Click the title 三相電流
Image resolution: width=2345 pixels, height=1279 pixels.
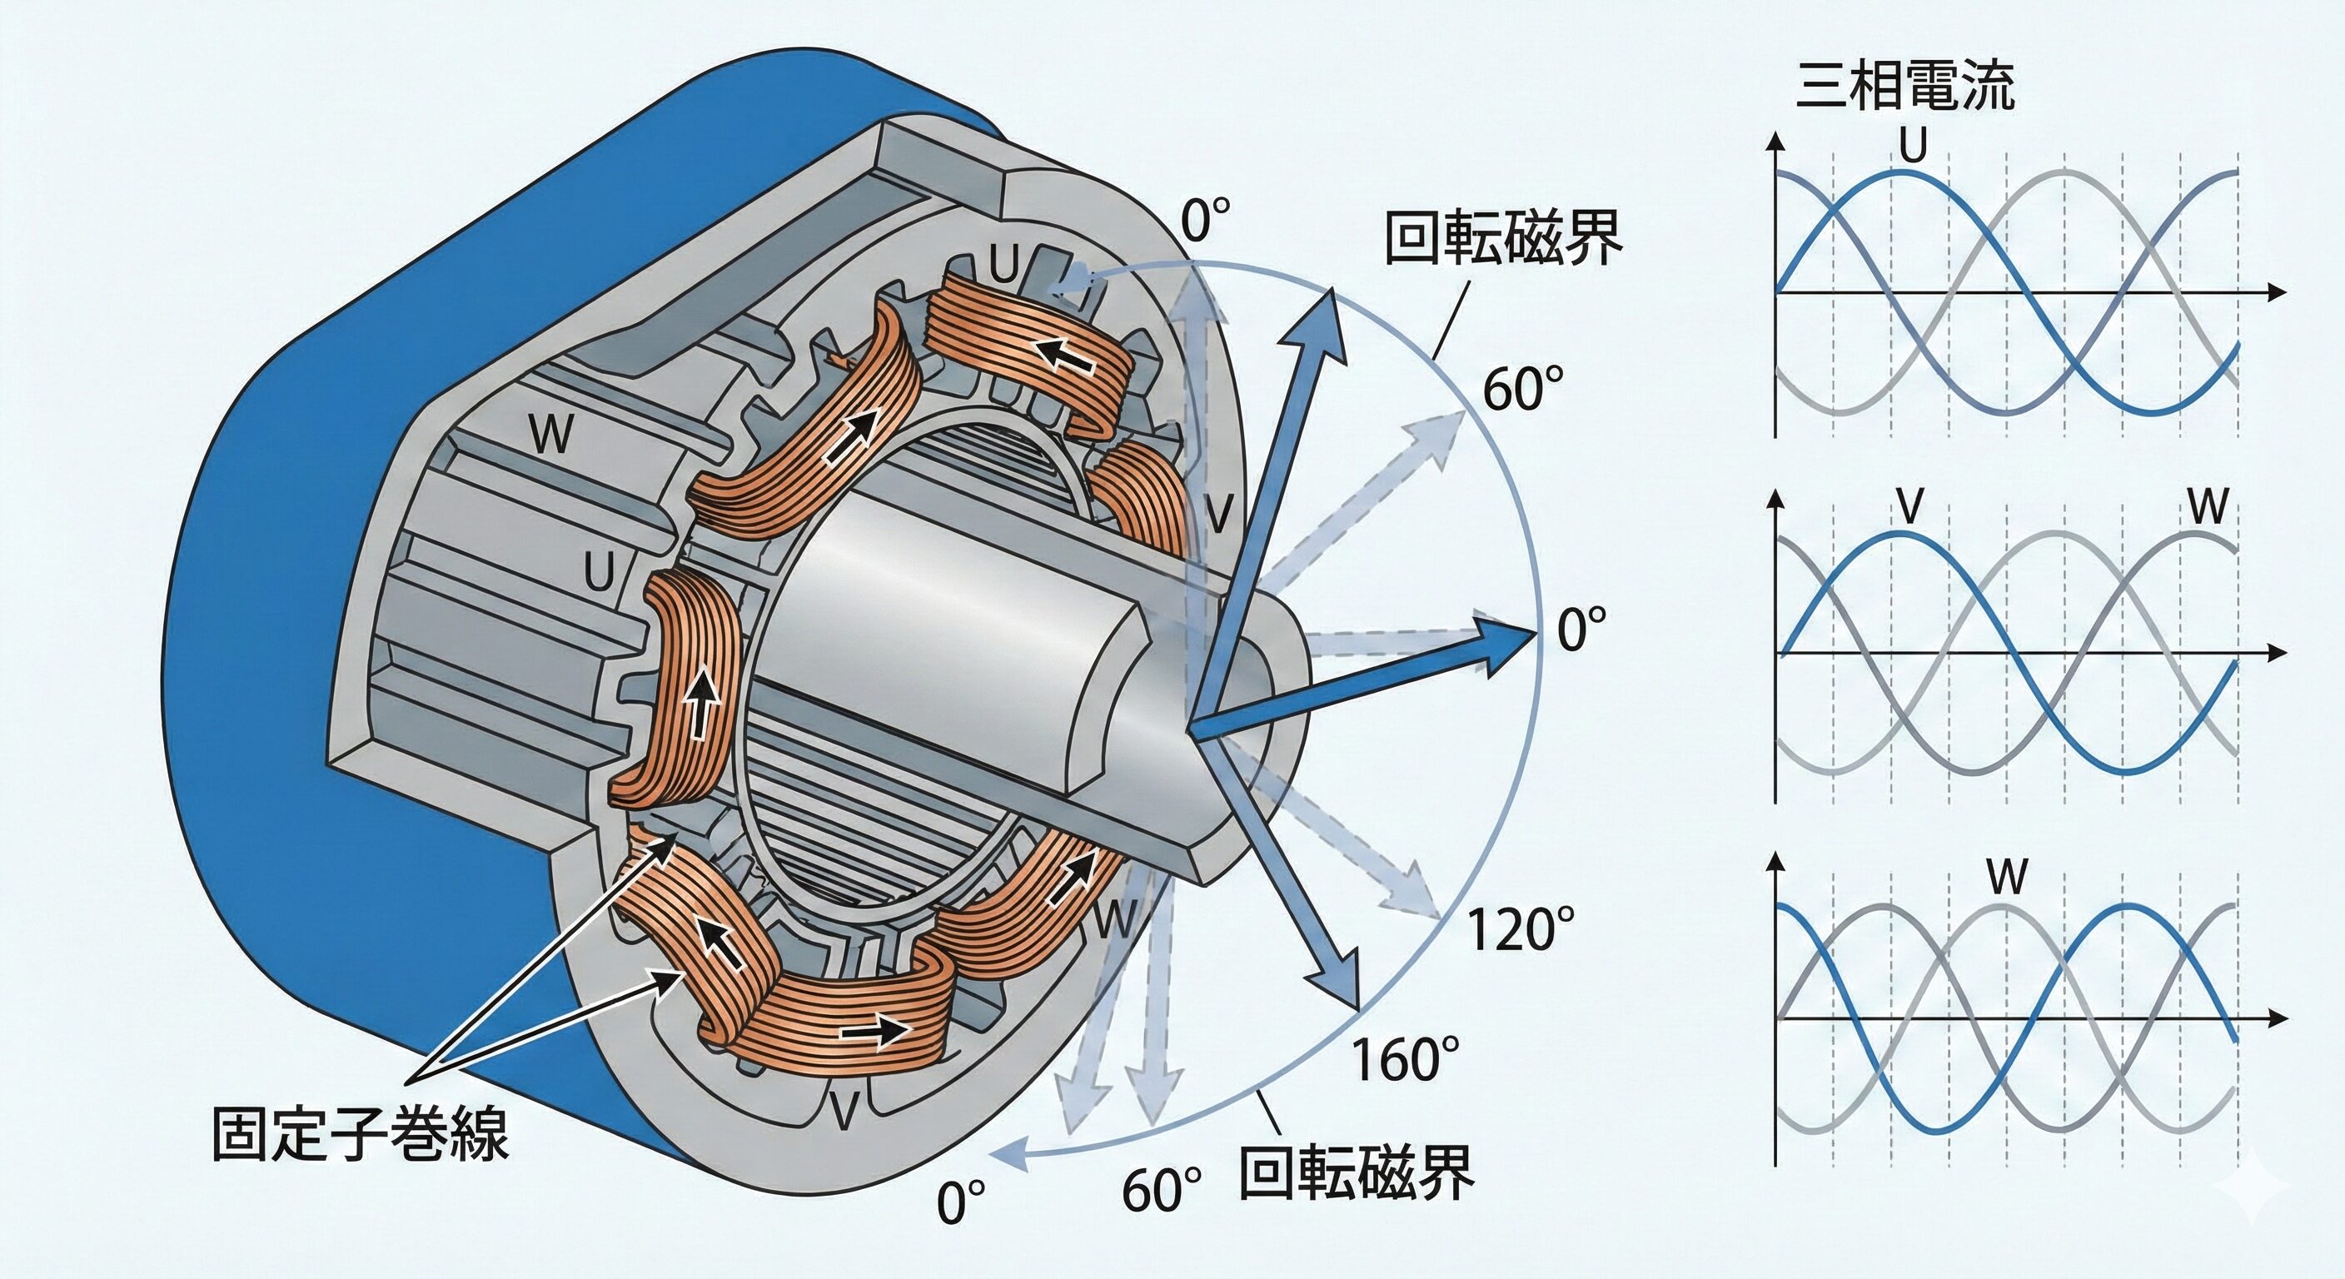[x=1905, y=87]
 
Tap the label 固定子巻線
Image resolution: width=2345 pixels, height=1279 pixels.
[x=360, y=1134]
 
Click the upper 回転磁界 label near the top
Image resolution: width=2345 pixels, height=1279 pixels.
[x=1503, y=237]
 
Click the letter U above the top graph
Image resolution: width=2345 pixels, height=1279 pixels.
[x=1914, y=144]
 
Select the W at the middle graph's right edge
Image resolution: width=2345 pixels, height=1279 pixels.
[x=2208, y=506]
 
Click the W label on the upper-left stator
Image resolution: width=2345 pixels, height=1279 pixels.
[x=550, y=433]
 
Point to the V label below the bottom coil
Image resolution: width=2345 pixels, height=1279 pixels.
[x=844, y=1109]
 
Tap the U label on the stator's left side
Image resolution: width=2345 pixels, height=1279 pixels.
[x=599, y=573]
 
